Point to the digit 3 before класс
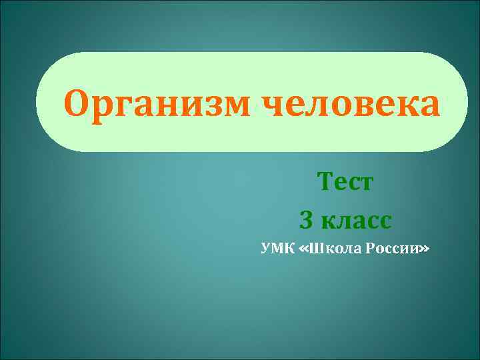tap(307, 219)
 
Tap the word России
tap(391, 249)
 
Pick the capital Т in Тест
tap(327, 181)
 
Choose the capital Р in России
tap(370, 249)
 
